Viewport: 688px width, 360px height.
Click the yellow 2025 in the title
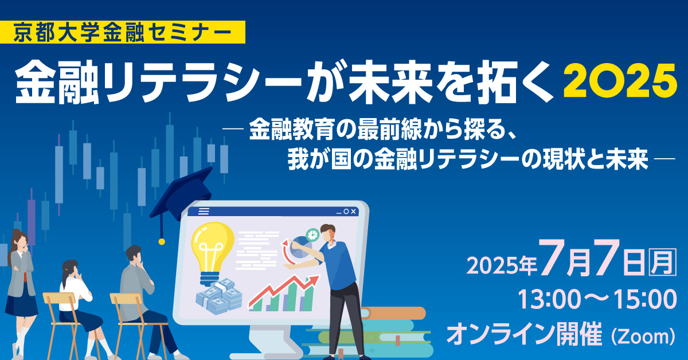[x=620, y=80]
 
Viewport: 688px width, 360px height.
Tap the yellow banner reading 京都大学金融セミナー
[x=123, y=32]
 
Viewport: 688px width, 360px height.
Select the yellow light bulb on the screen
[x=213, y=252]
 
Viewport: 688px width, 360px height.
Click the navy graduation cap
[x=181, y=197]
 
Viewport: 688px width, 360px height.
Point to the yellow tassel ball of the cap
[x=162, y=241]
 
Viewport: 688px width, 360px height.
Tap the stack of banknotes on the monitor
[x=219, y=297]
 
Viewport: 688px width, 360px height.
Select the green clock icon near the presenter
[x=312, y=234]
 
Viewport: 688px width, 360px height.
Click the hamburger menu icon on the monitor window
[x=204, y=212]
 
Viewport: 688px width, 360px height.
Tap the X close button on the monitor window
[x=354, y=212]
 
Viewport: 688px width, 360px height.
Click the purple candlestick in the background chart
[x=32, y=222]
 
